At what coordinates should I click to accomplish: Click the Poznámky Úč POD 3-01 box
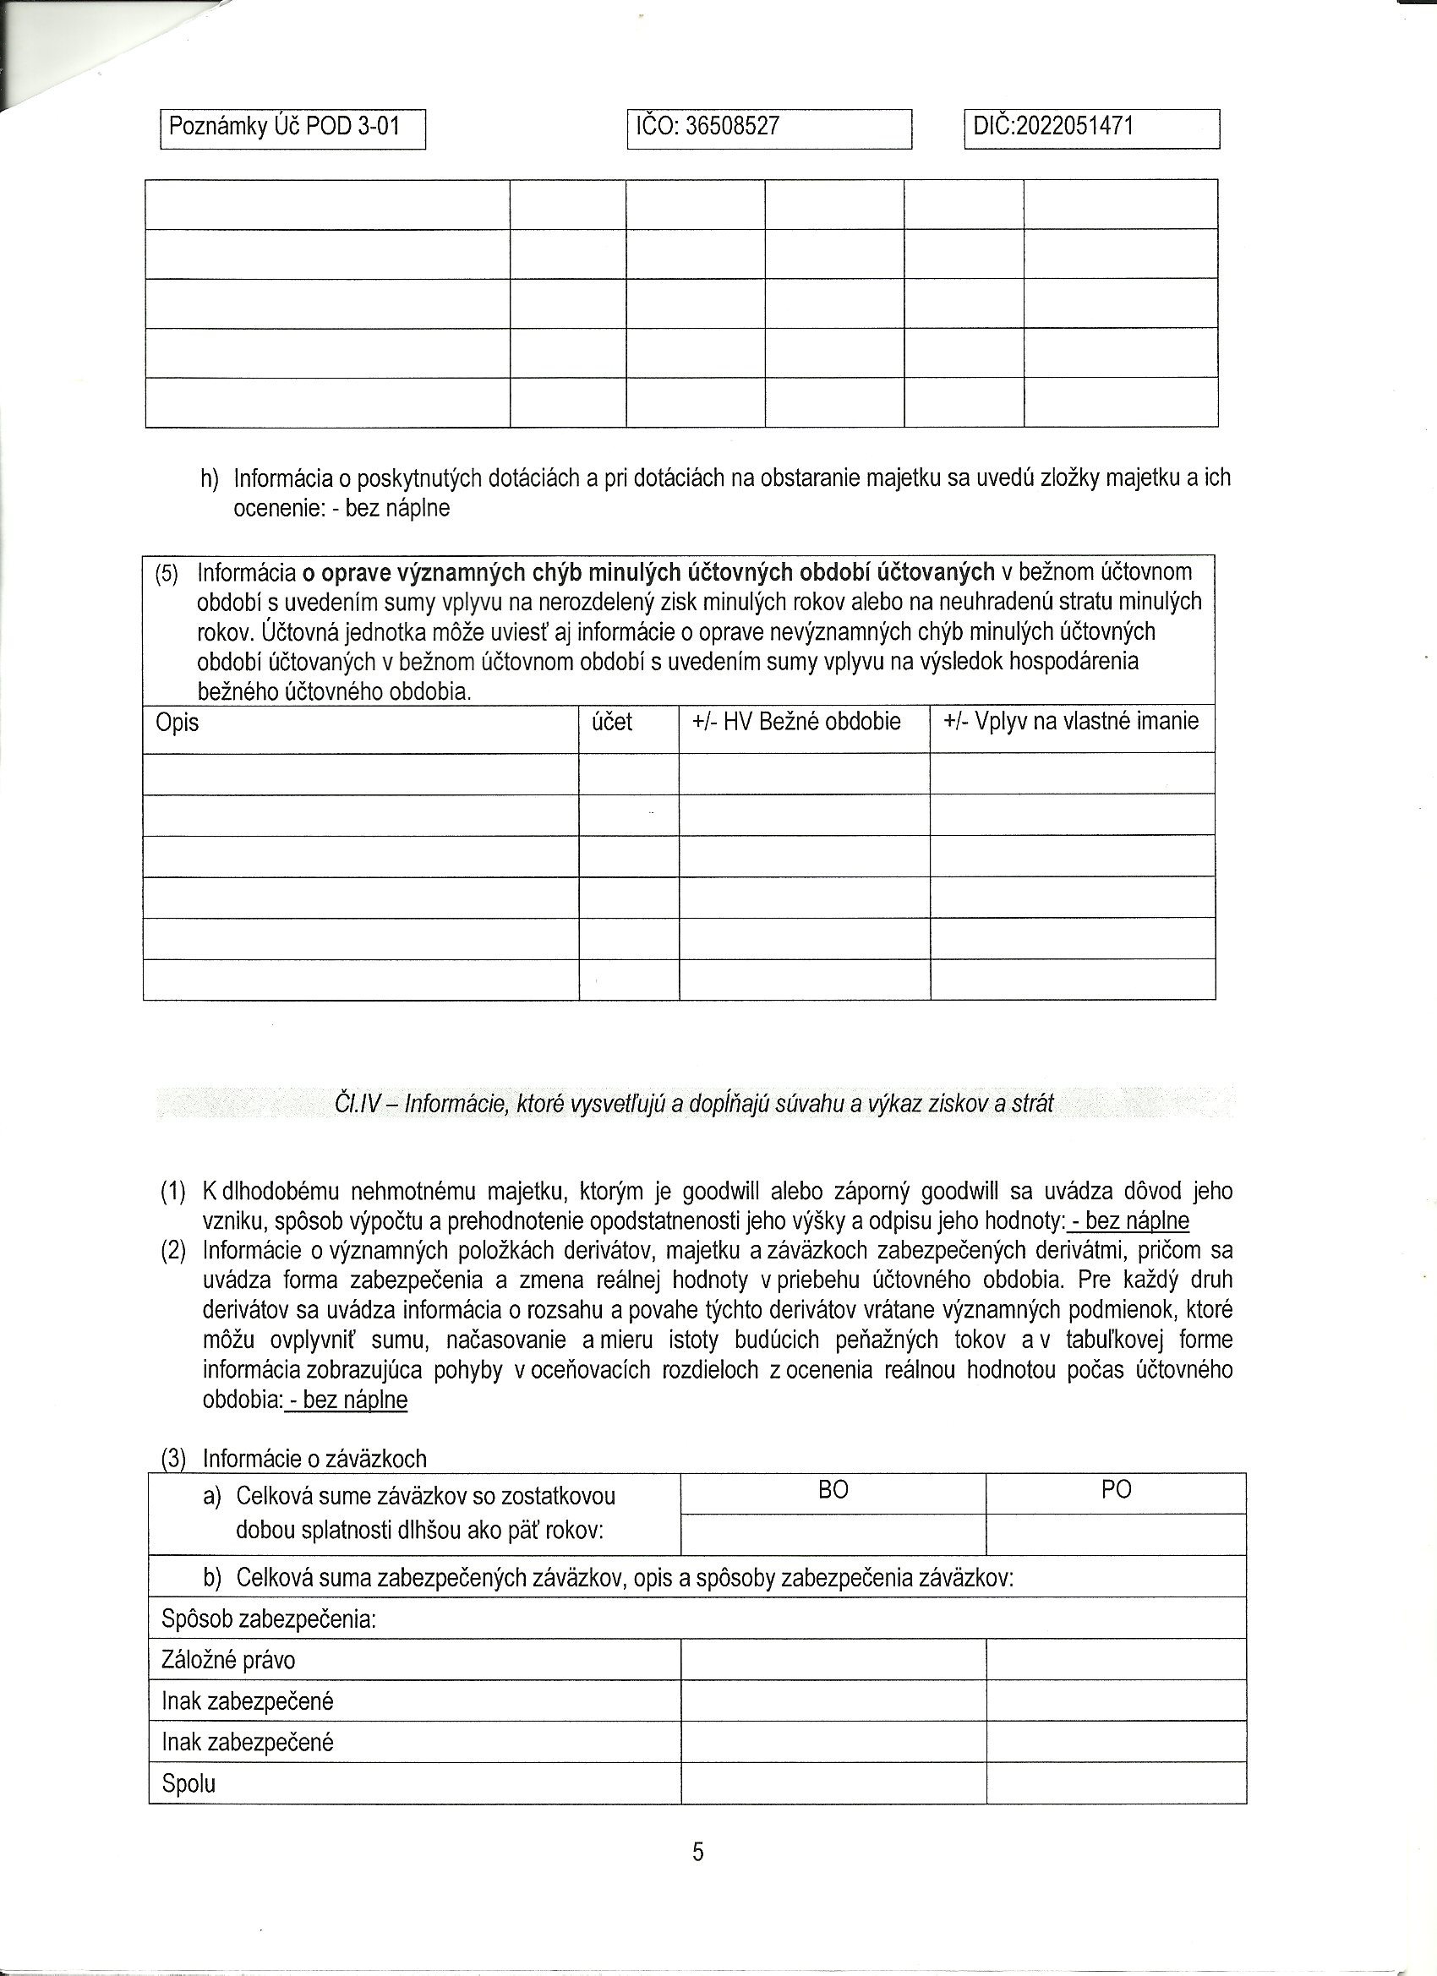click(292, 128)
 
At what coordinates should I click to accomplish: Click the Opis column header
click(177, 723)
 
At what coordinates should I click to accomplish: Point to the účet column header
click(612, 723)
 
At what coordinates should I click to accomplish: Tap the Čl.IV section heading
click(694, 1104)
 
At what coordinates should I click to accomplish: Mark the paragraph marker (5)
click(166, 574)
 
